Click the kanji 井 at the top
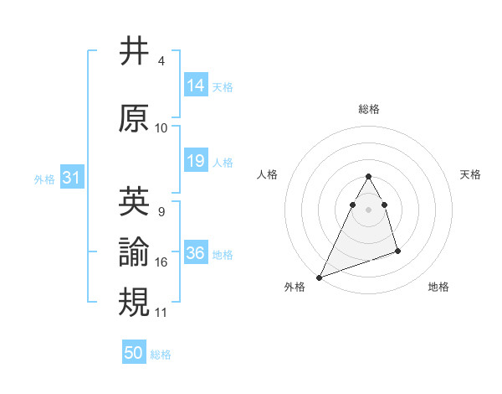coord(135,52)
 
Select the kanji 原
coord(135,119)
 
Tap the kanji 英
coord(135,200)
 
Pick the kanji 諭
coord(135,252)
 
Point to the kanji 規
coord(135,301)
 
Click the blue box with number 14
coord(196,86)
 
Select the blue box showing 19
coord(196,161)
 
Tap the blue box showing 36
coord(196,253)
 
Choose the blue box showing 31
coord(71,178)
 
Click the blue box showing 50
coord(134,353)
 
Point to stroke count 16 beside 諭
coord(161,262)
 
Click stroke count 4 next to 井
coord(161,62)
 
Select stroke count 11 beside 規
coord(161,312)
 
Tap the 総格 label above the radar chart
coord(368,109)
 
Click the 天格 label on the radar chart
coord(470,174)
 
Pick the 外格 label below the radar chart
coord(295,288)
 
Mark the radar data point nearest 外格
coord(319,277)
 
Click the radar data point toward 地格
coord(397,251)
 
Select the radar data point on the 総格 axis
coord(368,177)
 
